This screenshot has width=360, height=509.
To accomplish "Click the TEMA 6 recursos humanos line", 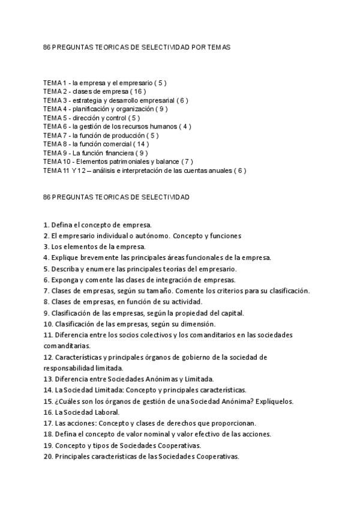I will click(117, 126).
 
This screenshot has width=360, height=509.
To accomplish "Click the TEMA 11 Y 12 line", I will click(145, 170).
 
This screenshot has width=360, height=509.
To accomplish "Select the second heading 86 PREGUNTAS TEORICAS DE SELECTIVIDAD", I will click(117, 197).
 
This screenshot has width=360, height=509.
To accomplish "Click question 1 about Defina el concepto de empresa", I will click(93, 224).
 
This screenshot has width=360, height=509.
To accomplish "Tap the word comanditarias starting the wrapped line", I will click(67, 346).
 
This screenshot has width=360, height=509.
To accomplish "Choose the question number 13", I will click(48, 379).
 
